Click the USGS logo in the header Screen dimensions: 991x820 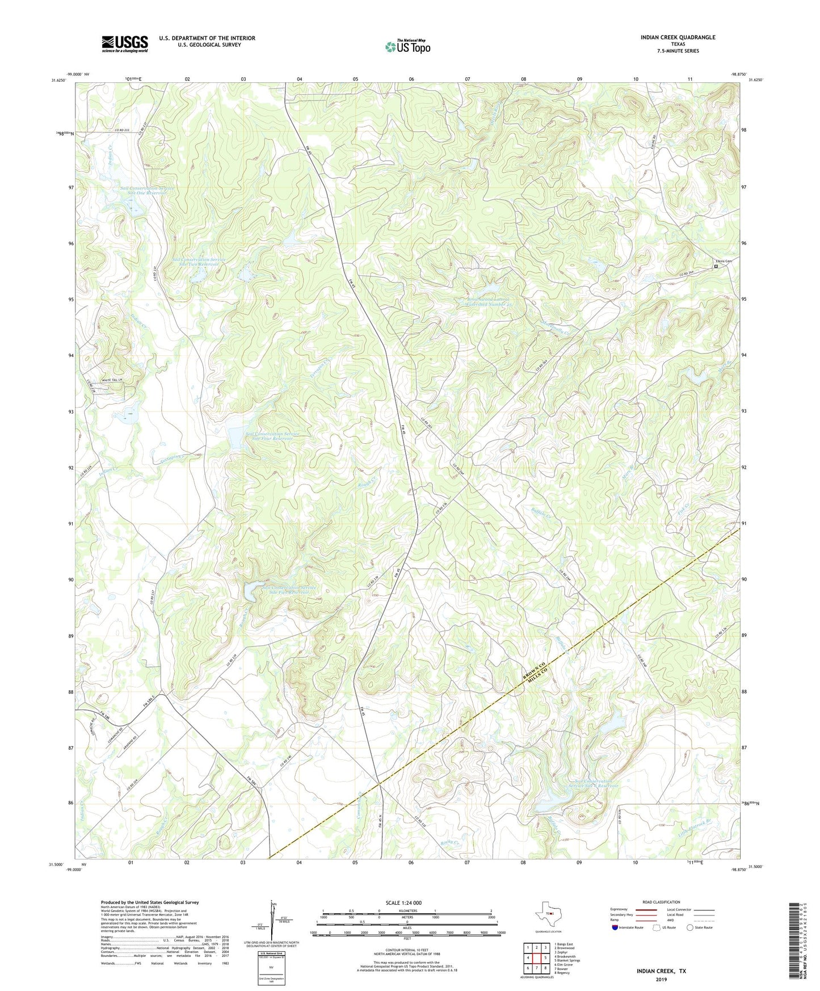click(x=125, y=44)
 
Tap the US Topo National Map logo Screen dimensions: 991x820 click(x=407, y=46)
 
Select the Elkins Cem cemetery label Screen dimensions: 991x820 click(x=723, y=261)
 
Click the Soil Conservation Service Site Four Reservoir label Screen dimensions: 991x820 click(x=272, y=436)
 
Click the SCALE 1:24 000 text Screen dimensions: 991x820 click(x=409, y=903)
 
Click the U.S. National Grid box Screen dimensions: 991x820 click(x=271, y=965)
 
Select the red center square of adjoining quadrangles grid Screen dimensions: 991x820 click(x=536, y=958)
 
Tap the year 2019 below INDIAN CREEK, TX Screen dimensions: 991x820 click(x=661, y=979)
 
